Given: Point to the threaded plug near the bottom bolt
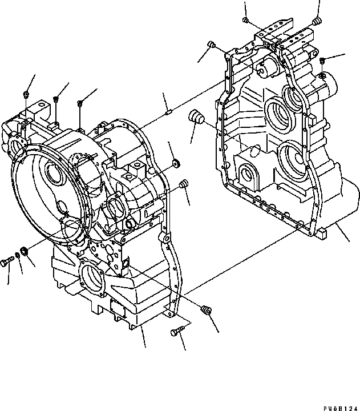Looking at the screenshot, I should [208, 310].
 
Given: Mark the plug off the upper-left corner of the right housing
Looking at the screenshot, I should [211, 44].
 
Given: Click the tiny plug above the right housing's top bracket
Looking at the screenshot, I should [245, 21].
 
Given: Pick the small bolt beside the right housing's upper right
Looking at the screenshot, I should [322, 61].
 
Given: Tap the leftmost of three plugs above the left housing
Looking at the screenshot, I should [27, 93].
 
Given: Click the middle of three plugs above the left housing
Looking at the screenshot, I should [56, 100].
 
